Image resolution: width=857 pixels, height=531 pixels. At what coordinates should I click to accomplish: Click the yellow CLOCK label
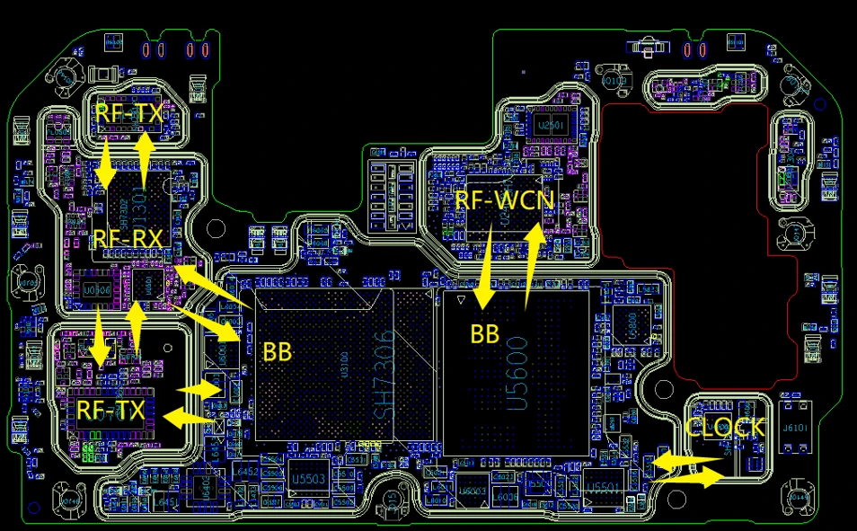(725, 428)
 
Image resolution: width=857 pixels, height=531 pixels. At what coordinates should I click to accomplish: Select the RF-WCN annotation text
(503, 199)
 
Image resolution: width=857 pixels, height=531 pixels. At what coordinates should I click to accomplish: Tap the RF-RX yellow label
(128, 238)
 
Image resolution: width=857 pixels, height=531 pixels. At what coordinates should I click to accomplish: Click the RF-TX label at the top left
(130, 113)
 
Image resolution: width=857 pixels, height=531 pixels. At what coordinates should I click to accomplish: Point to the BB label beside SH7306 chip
(277, 351)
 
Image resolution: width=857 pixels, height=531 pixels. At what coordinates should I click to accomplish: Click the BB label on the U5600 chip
(484, 334)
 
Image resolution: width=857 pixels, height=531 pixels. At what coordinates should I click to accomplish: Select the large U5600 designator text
(518, 373)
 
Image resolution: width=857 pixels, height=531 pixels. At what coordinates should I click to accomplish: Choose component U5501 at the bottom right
(603, 487)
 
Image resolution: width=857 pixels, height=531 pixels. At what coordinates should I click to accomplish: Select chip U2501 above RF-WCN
(549, 126)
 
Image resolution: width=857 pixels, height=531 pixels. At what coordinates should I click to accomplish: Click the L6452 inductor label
(247, 471)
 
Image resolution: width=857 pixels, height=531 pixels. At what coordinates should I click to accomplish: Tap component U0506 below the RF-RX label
(96, 290)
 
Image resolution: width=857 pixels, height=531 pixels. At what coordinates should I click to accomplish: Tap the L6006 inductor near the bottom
(506, 497)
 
